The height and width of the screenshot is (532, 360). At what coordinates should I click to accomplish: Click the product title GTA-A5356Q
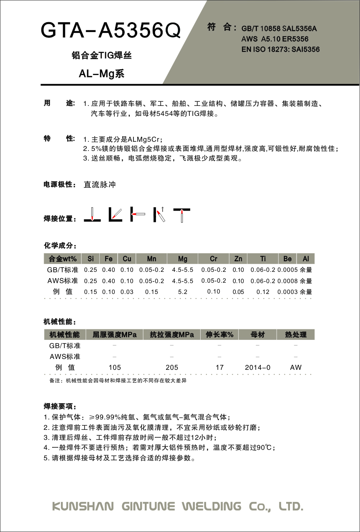click(111, 30)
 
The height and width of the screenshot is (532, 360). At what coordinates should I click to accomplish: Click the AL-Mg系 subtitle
click(102, 74)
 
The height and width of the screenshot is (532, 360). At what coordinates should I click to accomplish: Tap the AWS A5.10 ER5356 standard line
click(275, 39)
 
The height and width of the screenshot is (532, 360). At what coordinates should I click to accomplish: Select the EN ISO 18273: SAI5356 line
click(280, 50)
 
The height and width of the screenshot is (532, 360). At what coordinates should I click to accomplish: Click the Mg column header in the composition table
click(182, 259)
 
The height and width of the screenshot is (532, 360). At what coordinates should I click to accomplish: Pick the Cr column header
click(214, 259)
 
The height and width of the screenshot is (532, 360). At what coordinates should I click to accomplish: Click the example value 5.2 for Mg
click(182, 292)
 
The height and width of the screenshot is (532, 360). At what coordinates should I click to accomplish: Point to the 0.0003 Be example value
click(287, 292)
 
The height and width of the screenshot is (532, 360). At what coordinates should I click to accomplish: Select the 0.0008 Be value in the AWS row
click(287, 281)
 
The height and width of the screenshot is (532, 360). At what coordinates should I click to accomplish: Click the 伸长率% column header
click(220, 334)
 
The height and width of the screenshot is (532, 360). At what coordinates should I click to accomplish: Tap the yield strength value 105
click(114, 367)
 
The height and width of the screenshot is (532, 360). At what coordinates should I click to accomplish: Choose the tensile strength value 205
click(171, 367)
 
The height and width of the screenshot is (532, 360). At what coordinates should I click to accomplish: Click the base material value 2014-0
click(257, 367)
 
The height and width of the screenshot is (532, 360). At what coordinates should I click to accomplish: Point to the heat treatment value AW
click(295, 367)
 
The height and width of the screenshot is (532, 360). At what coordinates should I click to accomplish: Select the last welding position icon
click(182, 214)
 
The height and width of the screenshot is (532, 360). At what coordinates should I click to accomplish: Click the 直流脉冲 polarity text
click(99, 184)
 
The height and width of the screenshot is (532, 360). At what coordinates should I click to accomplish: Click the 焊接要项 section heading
click(60, 406)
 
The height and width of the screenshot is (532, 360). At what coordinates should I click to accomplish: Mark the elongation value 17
click(220, 367)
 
